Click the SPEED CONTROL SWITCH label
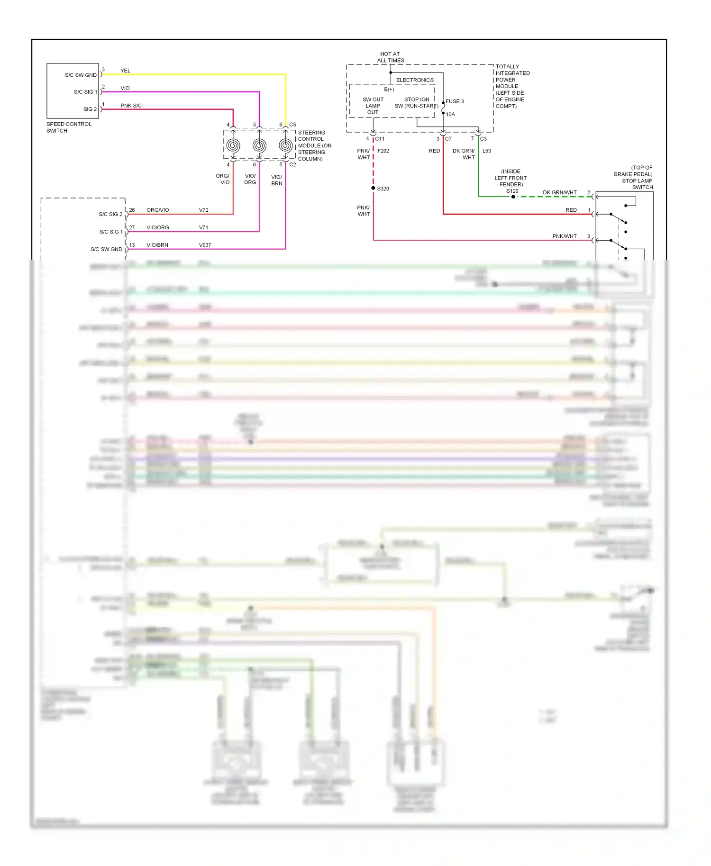point(69,127)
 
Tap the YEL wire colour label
point(125,71)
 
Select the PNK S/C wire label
point(131,106)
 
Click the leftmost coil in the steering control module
point(233,145)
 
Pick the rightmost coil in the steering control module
point(285,145)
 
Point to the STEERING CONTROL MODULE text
point(314,145)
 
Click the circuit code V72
point(204,210)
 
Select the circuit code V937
point(205,245)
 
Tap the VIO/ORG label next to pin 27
point(157,227)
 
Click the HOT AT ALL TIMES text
point(390,57)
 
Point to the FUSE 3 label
point(455,101)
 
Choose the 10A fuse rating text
point(450,114)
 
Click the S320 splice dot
point(374,188)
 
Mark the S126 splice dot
point(513,197)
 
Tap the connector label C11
point(380,139)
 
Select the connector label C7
point(448,139)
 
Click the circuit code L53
point(487,151)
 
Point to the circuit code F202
point(383,151)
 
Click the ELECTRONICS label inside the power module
point(415,80)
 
